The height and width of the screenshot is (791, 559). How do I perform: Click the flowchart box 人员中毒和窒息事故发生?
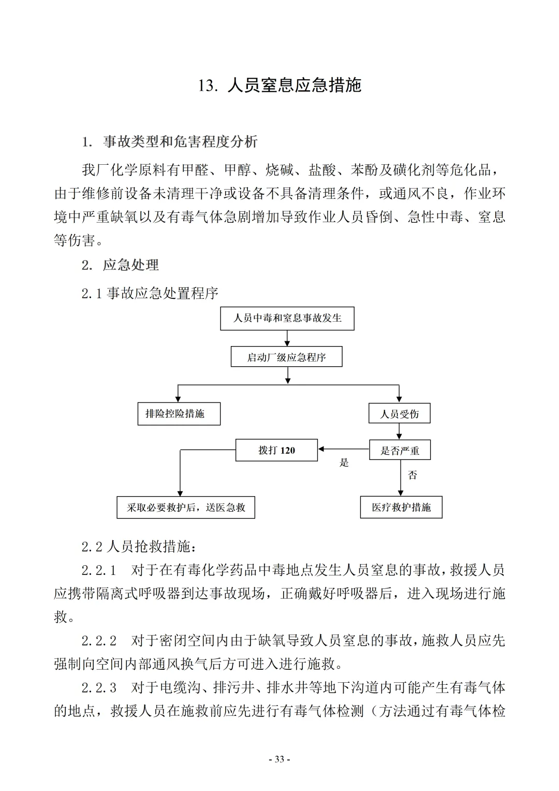(x=287, y=318)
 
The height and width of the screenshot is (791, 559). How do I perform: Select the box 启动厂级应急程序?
(x=286, y=357)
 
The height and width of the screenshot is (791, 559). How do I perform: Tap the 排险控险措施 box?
(x=179, y=414)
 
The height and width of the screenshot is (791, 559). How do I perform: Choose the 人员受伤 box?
(x=400, y=414)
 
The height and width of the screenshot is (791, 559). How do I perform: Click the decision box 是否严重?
(x=400, y=450)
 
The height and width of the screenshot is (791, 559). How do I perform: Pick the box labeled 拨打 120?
(x=276, y=450)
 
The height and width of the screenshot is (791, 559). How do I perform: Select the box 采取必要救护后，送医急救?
(x=186, y=507)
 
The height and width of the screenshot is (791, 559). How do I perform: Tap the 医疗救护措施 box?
(x=401, y=507)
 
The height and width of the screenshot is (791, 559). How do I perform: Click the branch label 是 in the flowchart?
(x=344, y=463)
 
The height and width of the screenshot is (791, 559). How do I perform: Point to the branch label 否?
(x=412, y=475)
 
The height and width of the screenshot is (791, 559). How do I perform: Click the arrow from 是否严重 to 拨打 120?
(x=343, y=449)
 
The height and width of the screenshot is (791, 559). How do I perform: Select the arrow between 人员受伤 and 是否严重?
(x=399, y=432)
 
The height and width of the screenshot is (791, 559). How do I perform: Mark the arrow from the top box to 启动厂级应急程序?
(x=287, y=338)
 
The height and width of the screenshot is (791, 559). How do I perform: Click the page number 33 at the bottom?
(x=279, y=759)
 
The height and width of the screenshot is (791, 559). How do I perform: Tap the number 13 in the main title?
(x=206, y=85)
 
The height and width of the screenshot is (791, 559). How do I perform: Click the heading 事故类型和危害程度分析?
(x=180, y=141)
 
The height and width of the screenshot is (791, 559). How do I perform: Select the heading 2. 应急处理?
(x=120, y=265)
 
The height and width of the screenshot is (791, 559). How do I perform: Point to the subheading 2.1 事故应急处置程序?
(x=150, y=293)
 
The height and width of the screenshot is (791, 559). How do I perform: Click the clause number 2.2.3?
(x=99, y=688)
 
